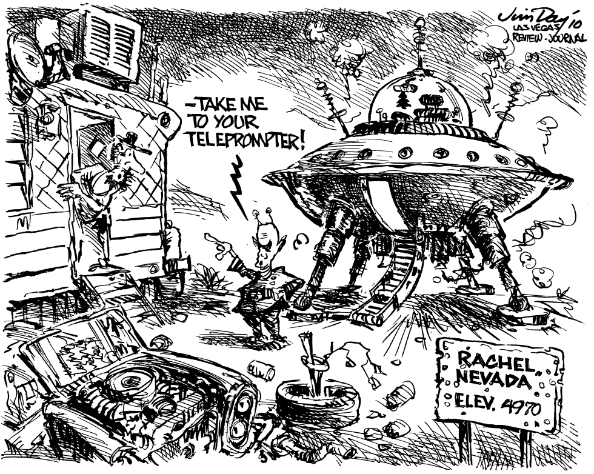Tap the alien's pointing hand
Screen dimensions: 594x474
coord(218,242)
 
